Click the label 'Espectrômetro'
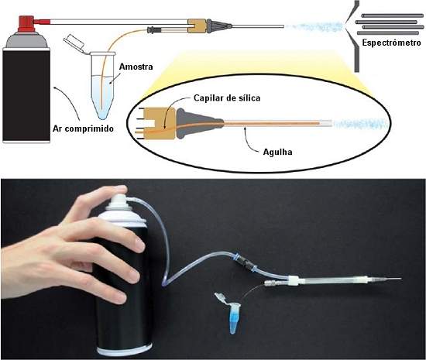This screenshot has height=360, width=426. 391,43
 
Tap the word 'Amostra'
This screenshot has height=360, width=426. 136,67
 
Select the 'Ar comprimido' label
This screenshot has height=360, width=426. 83,129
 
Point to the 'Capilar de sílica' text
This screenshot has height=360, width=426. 227,98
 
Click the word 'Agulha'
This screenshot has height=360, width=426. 277,152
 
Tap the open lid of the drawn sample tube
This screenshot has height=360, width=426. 74,43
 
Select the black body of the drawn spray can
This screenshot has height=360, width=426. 26,95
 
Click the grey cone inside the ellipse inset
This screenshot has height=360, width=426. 196,123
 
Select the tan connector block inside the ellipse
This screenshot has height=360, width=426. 160,123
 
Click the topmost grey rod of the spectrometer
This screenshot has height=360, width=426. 393,15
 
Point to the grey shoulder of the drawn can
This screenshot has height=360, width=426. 26,40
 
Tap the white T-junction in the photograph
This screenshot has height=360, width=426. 294,279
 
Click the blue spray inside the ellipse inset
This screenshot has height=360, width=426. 360,124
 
